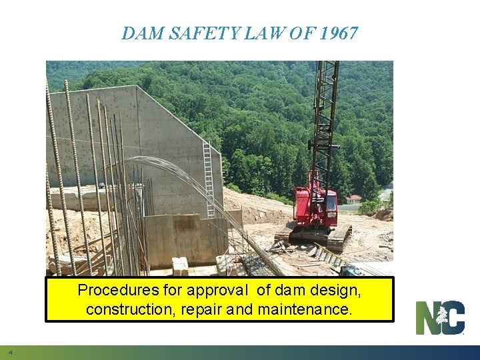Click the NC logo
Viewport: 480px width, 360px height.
[440, 317]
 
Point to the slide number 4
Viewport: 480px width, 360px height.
[10, 352]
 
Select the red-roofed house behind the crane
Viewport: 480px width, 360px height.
[353, 198]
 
